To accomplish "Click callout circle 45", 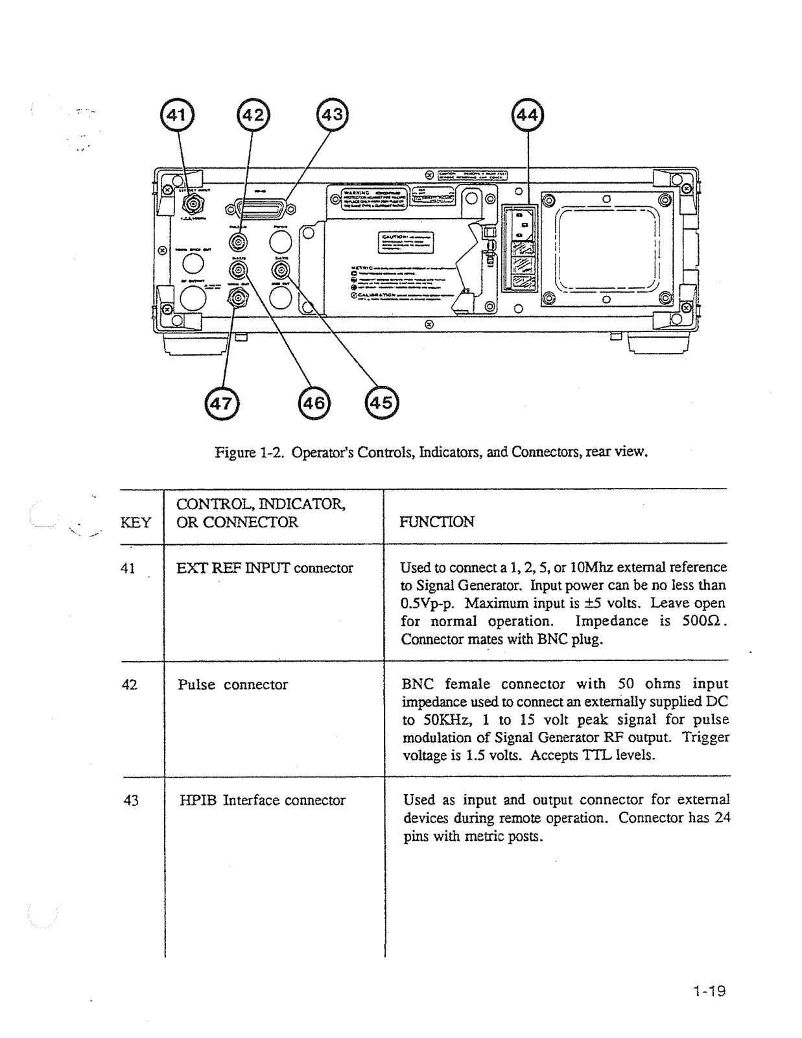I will tap(381, 403).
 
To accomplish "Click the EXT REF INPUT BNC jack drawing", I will tap(192, 205).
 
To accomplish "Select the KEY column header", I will tap(136, 522).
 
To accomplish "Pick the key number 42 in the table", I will tap(130, 684).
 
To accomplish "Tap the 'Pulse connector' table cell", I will tap(232, 684).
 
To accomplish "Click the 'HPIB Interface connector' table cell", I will tap(262, 800).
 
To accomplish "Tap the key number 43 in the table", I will tap(131, 800).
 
